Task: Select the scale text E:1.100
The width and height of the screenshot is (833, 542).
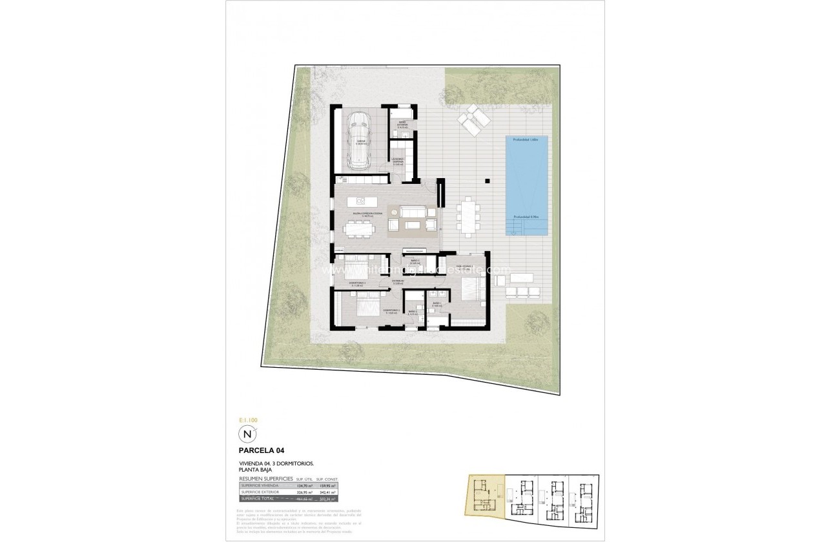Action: coord(249,419)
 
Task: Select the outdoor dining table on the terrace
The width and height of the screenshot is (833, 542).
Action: coord(469,217)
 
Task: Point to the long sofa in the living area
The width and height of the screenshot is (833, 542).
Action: coord(412,211)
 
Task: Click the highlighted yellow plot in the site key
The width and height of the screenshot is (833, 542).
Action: coord(483,496)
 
